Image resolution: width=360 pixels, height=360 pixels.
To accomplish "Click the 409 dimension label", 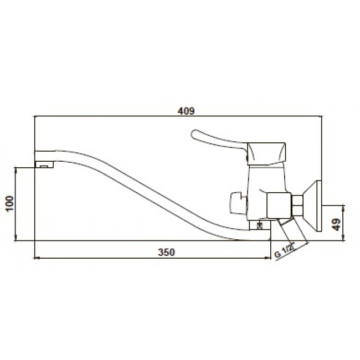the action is (x=186, y=111).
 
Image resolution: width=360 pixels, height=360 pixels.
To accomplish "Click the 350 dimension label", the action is (x=166, y=253).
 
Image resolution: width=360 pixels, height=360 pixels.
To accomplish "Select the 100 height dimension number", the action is (x=10, y=204).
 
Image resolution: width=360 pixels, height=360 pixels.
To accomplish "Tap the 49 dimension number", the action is (x=336, y=224).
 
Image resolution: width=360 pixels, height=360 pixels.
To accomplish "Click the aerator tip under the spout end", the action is (x=44, y=164).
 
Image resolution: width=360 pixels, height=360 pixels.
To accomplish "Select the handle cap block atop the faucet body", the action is (x=266, y=153).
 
